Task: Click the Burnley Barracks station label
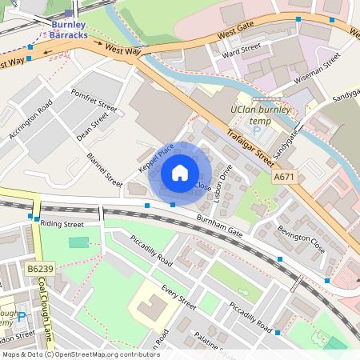point(70,30)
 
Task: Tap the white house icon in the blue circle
point(180,172)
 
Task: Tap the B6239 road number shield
point(38,270)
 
